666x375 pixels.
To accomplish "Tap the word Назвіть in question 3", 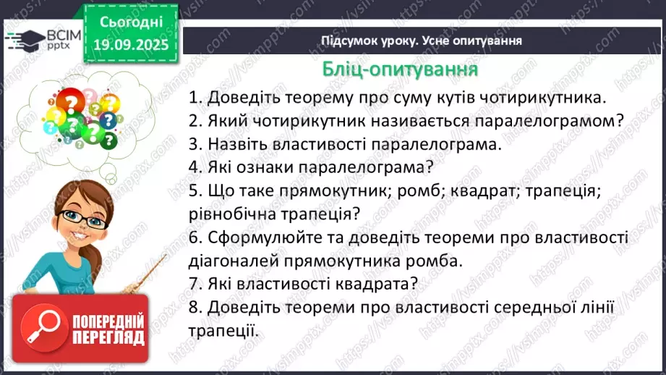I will coord(236,144).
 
